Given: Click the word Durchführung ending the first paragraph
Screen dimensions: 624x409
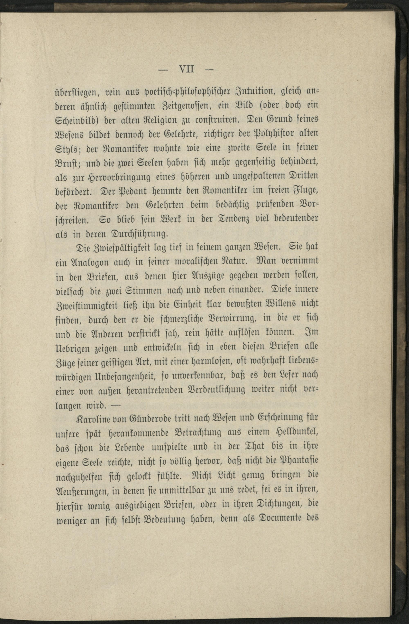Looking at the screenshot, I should [x=139, y=233].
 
